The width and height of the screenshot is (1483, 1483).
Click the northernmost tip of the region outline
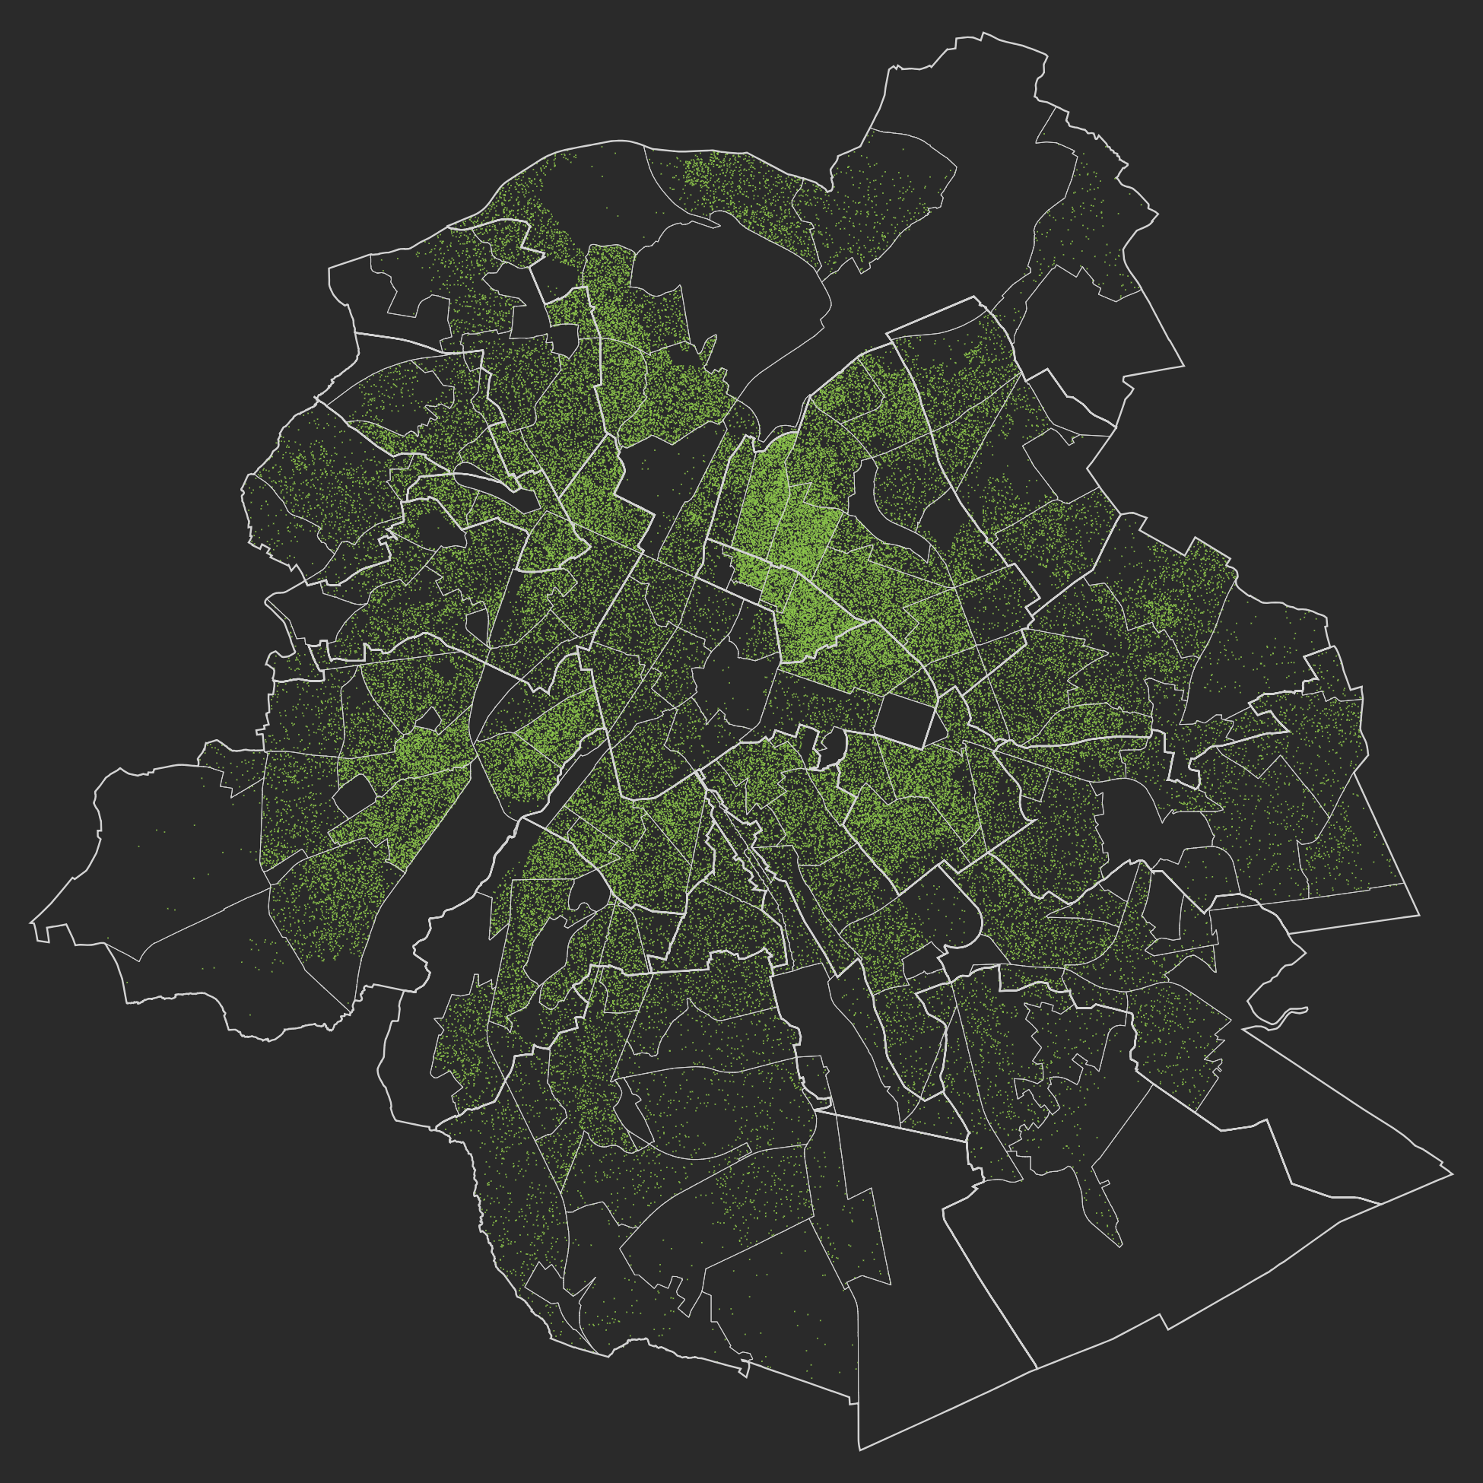(x=983, y=32)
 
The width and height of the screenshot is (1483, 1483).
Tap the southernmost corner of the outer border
(x=859, y=1450)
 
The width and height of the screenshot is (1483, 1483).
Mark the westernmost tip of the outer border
(x=30, y=922)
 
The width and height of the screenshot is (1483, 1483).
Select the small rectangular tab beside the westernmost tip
(x=43, y=932)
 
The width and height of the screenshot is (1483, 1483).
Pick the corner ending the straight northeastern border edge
(x=1183, y=366)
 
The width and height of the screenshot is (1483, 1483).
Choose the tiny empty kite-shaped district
(x=428, y=719)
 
